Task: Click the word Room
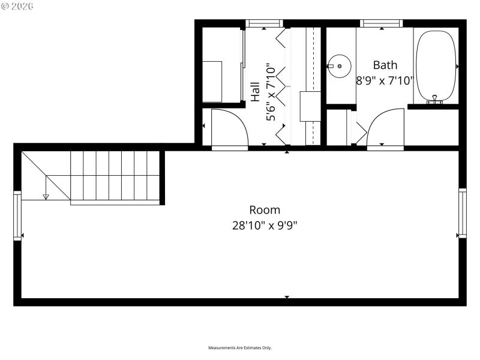point(265,210)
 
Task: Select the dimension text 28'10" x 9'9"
point(265,226)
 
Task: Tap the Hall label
point(255,92)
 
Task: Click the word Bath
point(385,65)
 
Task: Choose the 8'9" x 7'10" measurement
point(385,80)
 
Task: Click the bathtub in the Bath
point(436,65)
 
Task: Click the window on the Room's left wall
point(17,215)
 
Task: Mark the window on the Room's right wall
point(463,212)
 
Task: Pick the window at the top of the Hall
point(264,24)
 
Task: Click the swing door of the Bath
point(386,127)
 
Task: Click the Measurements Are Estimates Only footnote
point(240,348)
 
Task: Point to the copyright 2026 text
point(17,6)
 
